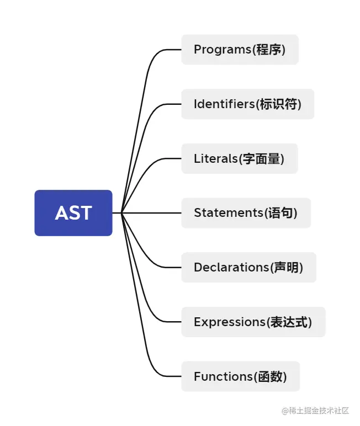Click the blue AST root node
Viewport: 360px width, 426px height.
pyautogui.click(x=73, y=213)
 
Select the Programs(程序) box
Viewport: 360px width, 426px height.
pyautogui.click(x=240, y=50)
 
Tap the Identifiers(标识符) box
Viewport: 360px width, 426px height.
pyautogui.click(x=247, y=104)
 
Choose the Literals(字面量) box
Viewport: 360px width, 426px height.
pyautogui.click(x=239, y=158)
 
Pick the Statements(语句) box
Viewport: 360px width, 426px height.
pyautogui.click(x=246, y=213)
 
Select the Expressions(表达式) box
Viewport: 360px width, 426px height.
pyautogui.click(x=253, y=322)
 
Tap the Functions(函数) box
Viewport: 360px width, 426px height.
pyautogui.click(x=240, y=376)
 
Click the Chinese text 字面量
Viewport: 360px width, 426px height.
pyautogui.click(x=262, y=158)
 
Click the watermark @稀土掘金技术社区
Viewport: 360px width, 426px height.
pyautogui.click(x=315, y=411)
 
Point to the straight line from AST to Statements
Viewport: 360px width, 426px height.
pyautogui.click(x=152, y=213)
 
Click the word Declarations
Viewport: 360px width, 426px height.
pyautogui.click(x=231, y=267)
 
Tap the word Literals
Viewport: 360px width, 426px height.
pyautogui.click(x=215, y=158)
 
